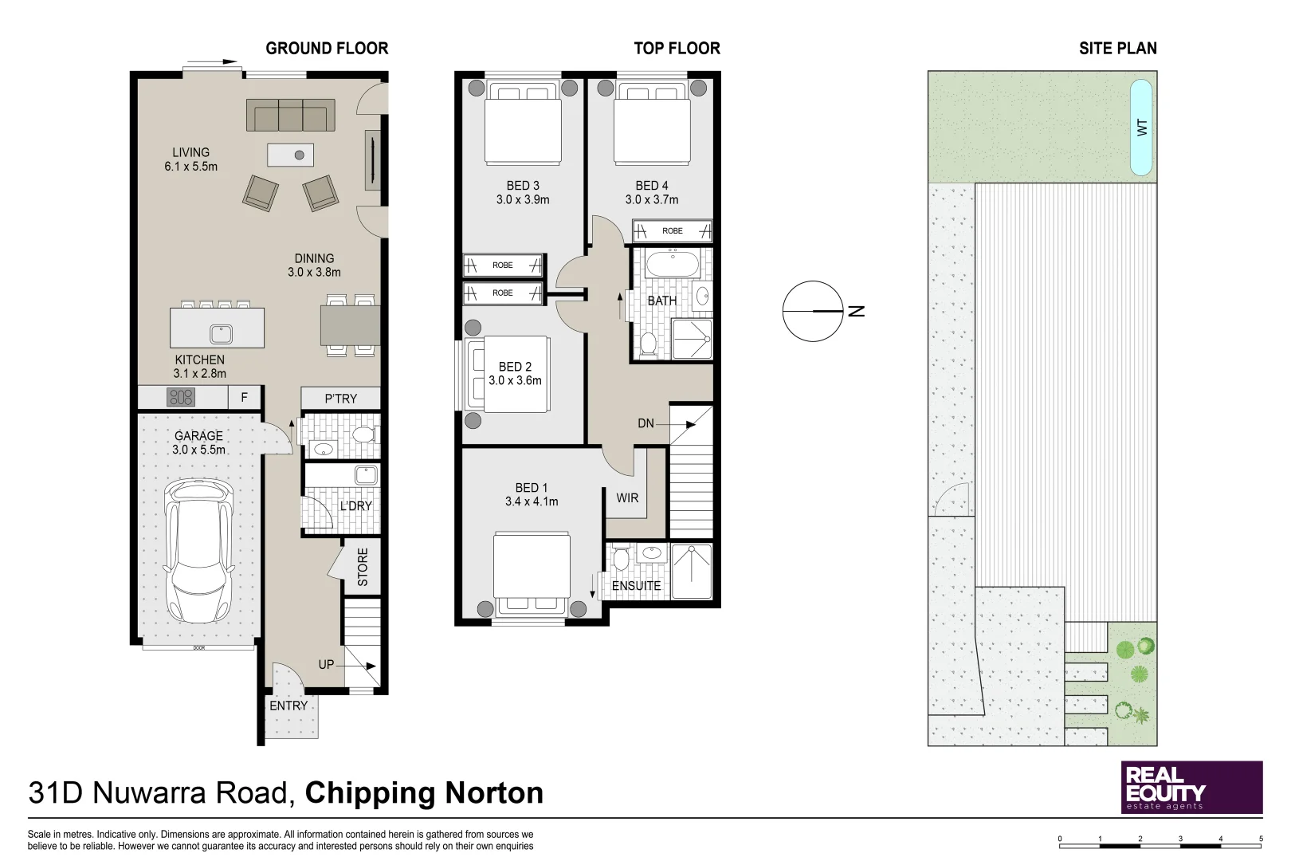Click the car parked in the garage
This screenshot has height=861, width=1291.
[199, 551]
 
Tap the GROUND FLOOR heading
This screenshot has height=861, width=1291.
[327, 49]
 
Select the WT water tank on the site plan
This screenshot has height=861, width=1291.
[1141, 128]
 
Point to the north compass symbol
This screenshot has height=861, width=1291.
[813, 312]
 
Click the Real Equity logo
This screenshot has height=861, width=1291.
[1191, 787]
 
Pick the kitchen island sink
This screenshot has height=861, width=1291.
[221, 334]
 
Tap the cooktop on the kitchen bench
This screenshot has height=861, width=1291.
[180, 397]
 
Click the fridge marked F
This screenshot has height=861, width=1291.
[245, 397]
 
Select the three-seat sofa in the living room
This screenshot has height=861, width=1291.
[291, 116]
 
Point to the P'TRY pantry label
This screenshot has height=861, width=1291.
[340, 399]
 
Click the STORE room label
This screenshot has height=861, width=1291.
[363, 568]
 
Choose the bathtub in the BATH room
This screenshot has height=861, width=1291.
[673, 265]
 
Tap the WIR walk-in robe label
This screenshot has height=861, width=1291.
[627, 497]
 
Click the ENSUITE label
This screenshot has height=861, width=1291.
[636, 586]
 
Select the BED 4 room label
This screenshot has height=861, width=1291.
[652, 186]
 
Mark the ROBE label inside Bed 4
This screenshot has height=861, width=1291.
[673, 231]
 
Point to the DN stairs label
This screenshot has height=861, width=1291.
[645, 423]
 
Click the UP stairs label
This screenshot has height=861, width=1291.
[326, 664]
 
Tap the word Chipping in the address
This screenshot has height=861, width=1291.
[367, 793]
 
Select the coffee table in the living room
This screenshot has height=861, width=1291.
[290, 155]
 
